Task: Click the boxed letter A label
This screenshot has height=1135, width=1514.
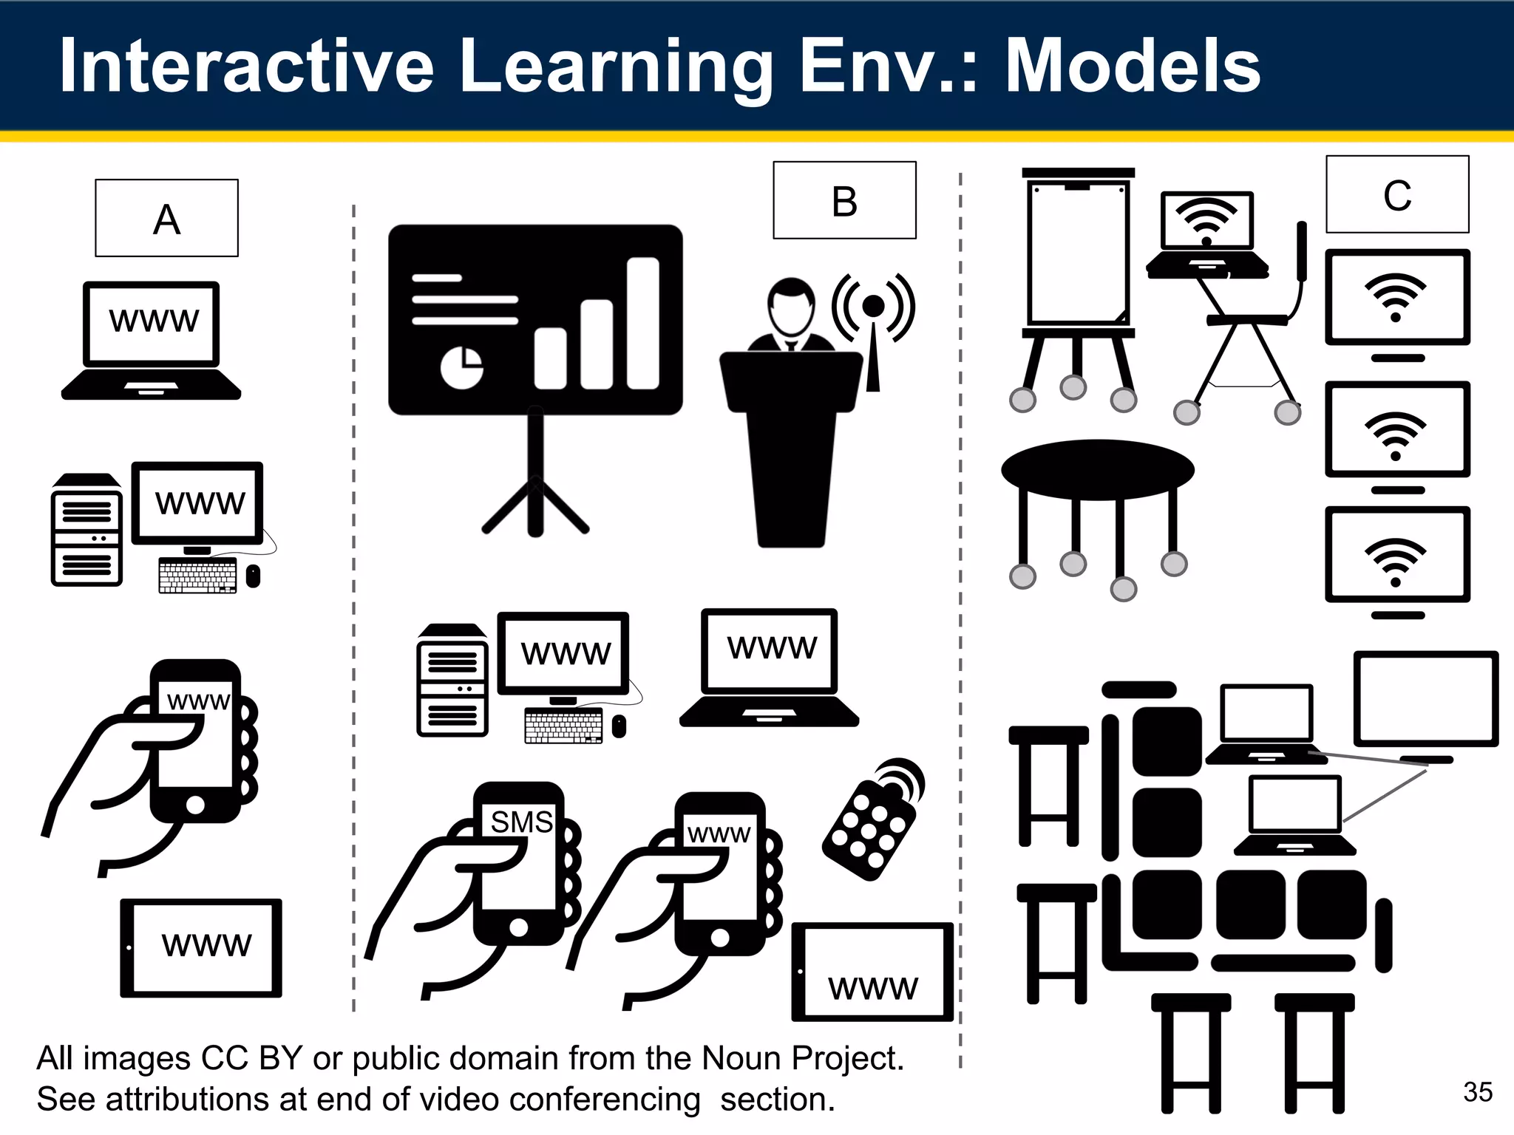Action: (x=166, y=219)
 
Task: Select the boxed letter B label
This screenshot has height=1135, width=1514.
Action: (x=844, y=201)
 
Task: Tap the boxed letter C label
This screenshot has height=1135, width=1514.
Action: (x=1397, y=195)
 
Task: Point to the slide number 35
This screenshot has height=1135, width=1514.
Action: (x=1477, y=1091)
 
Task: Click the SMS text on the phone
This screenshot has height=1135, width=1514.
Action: (x=521, y=822)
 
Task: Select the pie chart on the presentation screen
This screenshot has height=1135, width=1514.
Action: (x=461, y=367)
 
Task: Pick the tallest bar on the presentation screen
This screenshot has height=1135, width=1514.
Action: (x=642, y=323)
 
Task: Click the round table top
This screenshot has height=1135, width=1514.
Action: (x=1098, y=470)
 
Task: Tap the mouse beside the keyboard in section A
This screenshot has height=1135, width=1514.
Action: (x=253, y=576)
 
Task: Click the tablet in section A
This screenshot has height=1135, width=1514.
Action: (x=201, y=947)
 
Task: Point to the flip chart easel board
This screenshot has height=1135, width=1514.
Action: (x=1078, y=251)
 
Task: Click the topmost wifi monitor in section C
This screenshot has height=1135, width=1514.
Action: (x=1396, y=298)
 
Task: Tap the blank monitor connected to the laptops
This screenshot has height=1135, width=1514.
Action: (x=1425, y=699)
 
